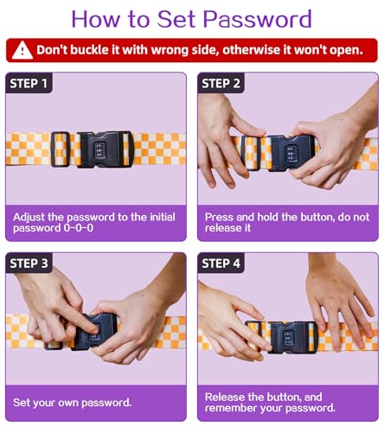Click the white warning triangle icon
pos(22,50)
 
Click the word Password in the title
pos(258,19)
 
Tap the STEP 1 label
pos(29,84)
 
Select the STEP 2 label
pos(221,84)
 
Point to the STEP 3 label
pos(29,264)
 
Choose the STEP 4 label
pos(221,264)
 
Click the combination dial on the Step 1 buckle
pos(99,150)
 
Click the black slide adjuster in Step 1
pos(61,149)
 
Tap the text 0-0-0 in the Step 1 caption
pos(79,228)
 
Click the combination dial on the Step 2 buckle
pos(290,153)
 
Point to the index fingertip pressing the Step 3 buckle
pos(96,328)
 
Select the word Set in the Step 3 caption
pos(21,403)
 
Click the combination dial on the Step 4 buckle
pos(288,338)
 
